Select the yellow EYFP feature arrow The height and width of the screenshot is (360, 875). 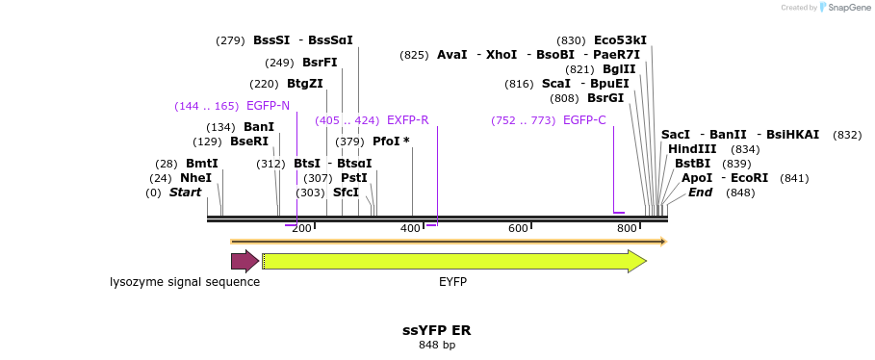pos(453,261)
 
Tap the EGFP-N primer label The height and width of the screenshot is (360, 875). pos(268,106)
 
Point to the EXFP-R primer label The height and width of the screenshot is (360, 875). pos(407,120)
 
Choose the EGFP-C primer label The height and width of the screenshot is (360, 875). pos(584,120)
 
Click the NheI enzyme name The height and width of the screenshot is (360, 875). pos(195,178)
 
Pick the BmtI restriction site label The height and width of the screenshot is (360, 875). pos(202,164)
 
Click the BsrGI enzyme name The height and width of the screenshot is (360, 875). pos(605,98)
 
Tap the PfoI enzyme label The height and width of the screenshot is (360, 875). pos(391,141)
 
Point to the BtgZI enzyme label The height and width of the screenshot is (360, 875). pos(304,84)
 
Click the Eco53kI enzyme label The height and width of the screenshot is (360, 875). pos(620,40)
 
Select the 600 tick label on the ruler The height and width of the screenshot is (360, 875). pos(519,228)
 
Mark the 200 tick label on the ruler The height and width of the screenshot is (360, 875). pos(301,228)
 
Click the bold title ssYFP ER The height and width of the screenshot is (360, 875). pos(436,330)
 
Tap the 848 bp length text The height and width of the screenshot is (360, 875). pos(437,345)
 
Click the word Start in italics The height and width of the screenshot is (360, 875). pos(185,193)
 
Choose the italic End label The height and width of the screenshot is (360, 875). pos(700,193)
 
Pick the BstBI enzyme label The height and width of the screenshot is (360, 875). pos(692,164)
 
